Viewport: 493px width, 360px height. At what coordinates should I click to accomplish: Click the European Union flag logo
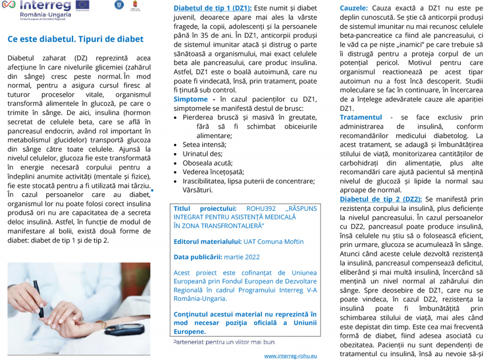point(82,5)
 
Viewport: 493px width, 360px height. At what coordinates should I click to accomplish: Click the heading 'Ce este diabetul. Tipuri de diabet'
point(76,39)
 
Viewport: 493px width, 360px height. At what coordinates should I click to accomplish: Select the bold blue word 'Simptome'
point(191,99)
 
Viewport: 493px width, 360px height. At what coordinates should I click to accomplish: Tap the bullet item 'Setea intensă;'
point(204,144)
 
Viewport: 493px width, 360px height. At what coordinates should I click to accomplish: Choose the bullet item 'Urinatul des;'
point(202,154)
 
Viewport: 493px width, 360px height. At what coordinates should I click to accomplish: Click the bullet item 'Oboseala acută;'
point(208,163)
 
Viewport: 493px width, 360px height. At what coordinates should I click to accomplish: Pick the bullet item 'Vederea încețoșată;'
point(213,172)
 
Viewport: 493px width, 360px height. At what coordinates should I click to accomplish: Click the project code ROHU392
point(260,208)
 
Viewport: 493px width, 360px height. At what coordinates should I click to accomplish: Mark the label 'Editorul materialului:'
point(208,241)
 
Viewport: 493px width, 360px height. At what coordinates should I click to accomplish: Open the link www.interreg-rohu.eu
point(291,356)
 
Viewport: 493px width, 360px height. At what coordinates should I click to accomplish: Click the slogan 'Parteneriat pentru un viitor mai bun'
point(224,342)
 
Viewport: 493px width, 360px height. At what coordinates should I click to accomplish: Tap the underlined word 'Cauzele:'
point(354,8)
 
